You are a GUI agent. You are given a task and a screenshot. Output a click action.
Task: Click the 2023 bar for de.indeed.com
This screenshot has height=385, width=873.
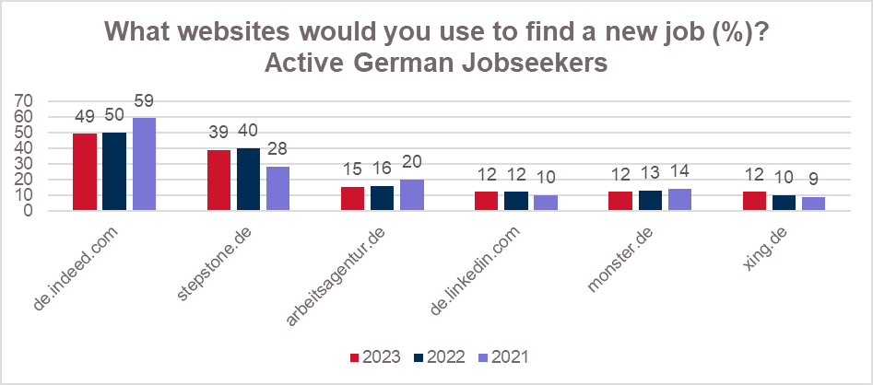click(84, 172)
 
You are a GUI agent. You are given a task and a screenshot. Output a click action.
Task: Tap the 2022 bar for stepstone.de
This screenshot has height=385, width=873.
click(248, 179)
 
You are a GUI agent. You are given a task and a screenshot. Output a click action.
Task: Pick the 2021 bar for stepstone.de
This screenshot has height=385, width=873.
click(277, 189)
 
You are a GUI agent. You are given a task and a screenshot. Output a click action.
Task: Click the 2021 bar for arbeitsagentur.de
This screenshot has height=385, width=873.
click(411, 195)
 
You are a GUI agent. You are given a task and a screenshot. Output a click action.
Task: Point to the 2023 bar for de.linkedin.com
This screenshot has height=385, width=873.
click(485, 201)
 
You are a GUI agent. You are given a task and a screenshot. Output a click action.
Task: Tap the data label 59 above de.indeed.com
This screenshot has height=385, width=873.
click(145, 100)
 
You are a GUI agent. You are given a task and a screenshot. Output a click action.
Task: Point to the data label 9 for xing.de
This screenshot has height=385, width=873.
click(813, 180)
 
